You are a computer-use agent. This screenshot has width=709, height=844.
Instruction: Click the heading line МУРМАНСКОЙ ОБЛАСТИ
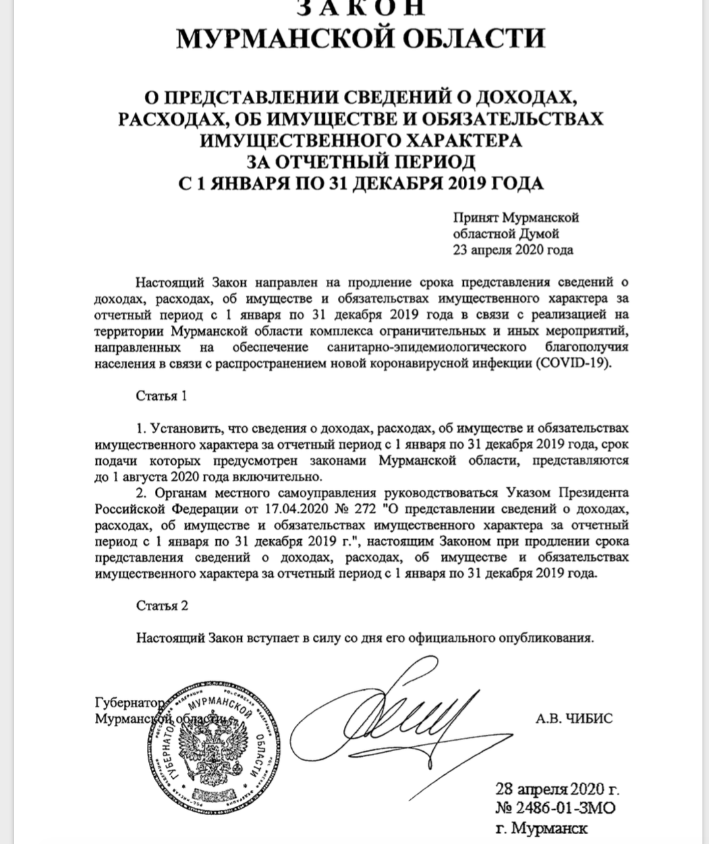[360, 38]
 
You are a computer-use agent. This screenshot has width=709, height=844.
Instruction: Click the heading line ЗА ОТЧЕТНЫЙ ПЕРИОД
[360, 161]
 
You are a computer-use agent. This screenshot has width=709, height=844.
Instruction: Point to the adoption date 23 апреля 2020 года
[513, 250]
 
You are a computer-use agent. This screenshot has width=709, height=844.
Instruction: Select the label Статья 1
[161, 396]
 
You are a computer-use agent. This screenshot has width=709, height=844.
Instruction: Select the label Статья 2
[161, 606]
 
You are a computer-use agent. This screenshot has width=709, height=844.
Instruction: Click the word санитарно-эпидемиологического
[426, 347]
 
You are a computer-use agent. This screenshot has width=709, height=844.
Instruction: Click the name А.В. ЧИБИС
[574, 718]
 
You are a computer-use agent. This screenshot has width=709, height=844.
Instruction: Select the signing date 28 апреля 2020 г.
[557, 789]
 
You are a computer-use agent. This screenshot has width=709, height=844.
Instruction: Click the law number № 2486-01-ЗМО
[557, 808]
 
